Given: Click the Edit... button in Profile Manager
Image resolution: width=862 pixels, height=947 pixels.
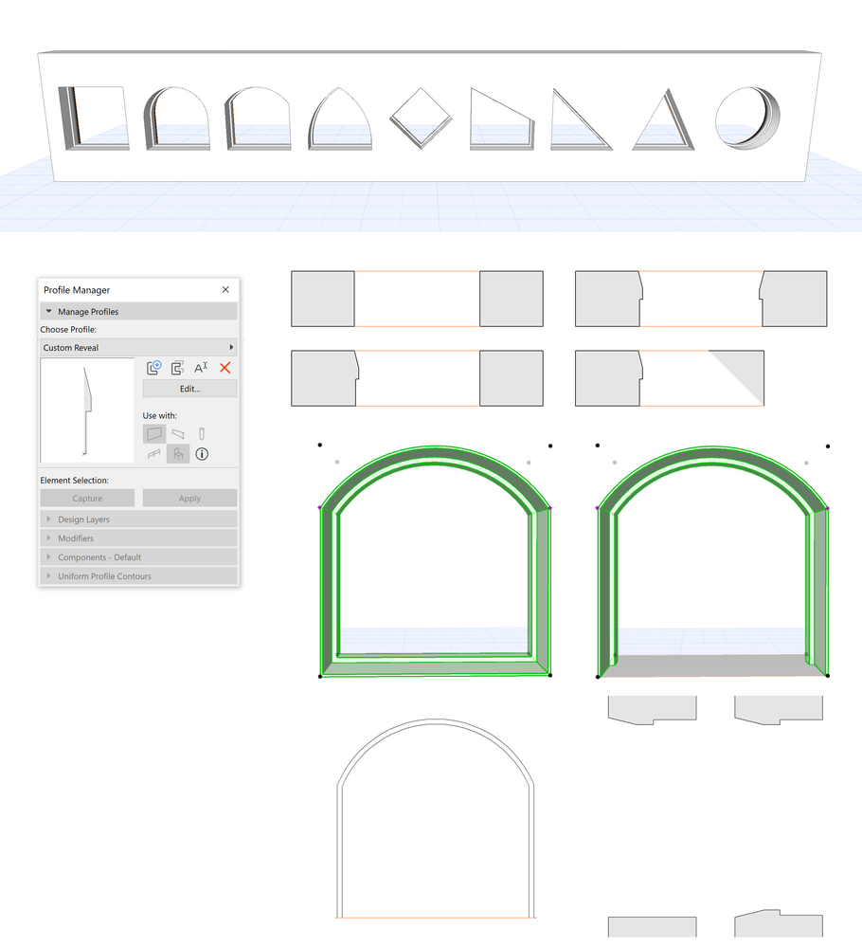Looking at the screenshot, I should [189, 389].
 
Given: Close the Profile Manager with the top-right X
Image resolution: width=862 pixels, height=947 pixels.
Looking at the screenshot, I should [225, 289].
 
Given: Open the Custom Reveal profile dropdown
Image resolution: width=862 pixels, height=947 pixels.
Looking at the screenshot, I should [138, 348].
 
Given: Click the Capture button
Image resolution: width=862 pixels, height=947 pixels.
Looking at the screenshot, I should [87, 499].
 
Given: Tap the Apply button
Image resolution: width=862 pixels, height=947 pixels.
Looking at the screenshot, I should [189, 499].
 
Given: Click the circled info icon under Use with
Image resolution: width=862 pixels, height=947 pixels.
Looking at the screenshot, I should [202, 454].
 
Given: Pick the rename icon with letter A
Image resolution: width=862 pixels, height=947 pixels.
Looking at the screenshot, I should [201, 368].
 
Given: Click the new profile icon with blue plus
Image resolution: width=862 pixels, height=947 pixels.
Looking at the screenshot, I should [154, 368].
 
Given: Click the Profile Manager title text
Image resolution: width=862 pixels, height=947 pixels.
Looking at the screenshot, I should [77, 289].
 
